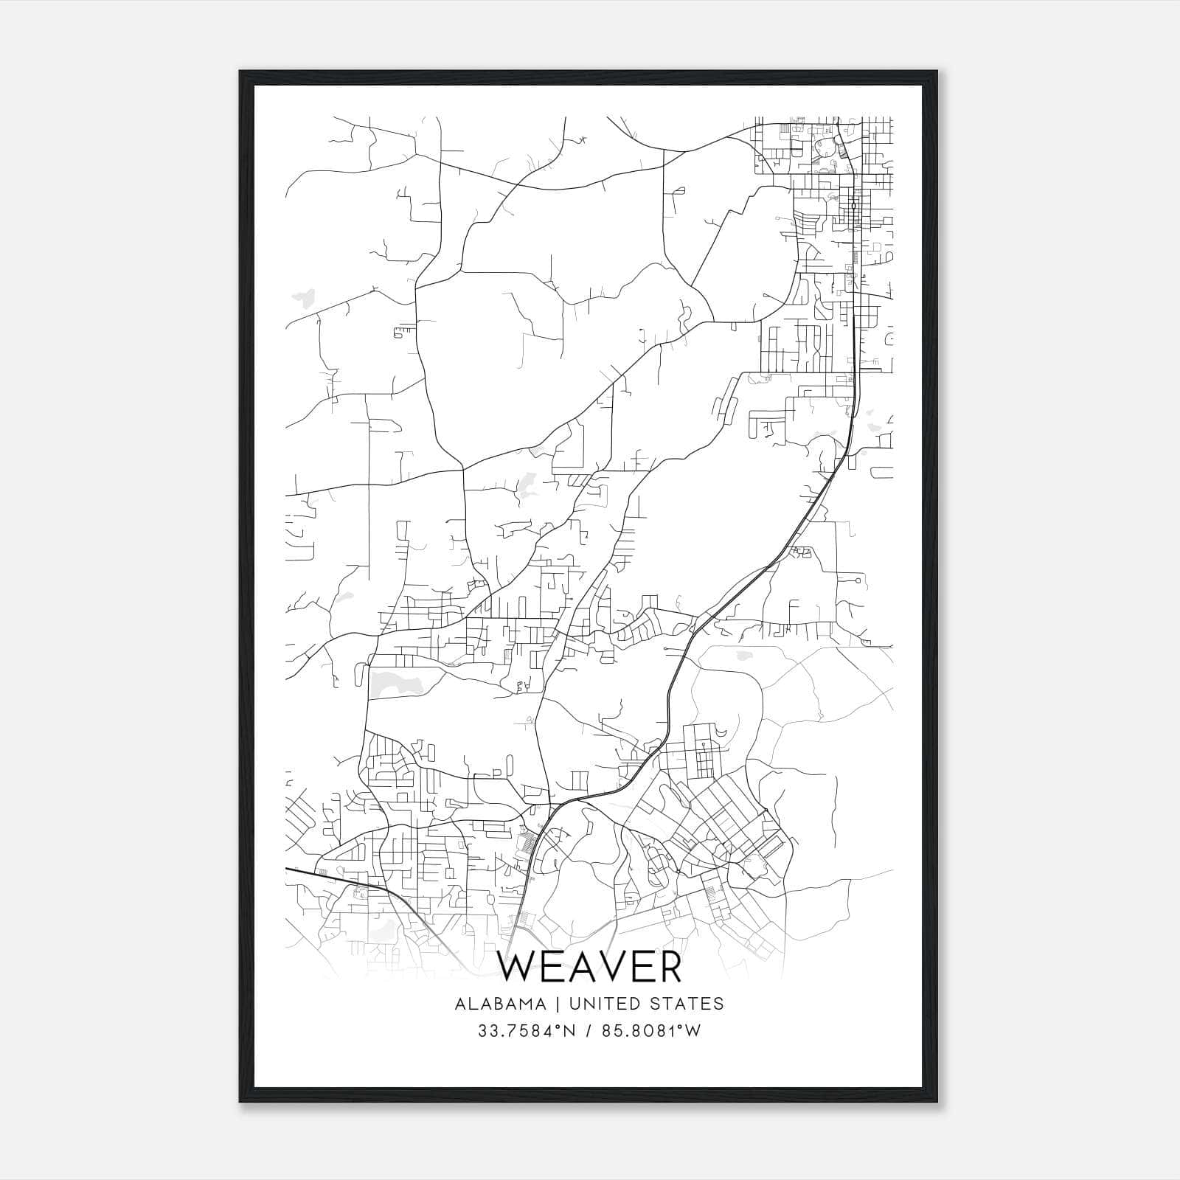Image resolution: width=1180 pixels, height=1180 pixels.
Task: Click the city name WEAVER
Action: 589,967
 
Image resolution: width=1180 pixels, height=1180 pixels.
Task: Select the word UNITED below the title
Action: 607,1004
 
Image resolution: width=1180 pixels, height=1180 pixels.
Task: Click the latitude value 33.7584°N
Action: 526,1031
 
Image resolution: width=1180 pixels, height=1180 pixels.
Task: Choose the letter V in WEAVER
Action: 610,967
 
